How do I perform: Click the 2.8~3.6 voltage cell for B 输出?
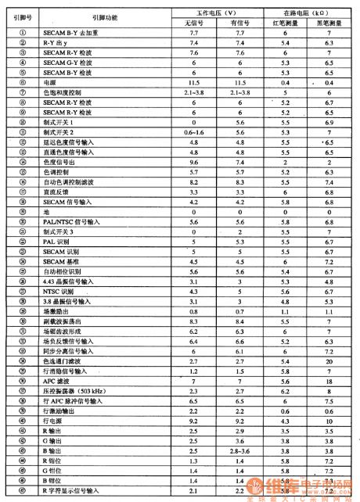click(240, 451)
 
